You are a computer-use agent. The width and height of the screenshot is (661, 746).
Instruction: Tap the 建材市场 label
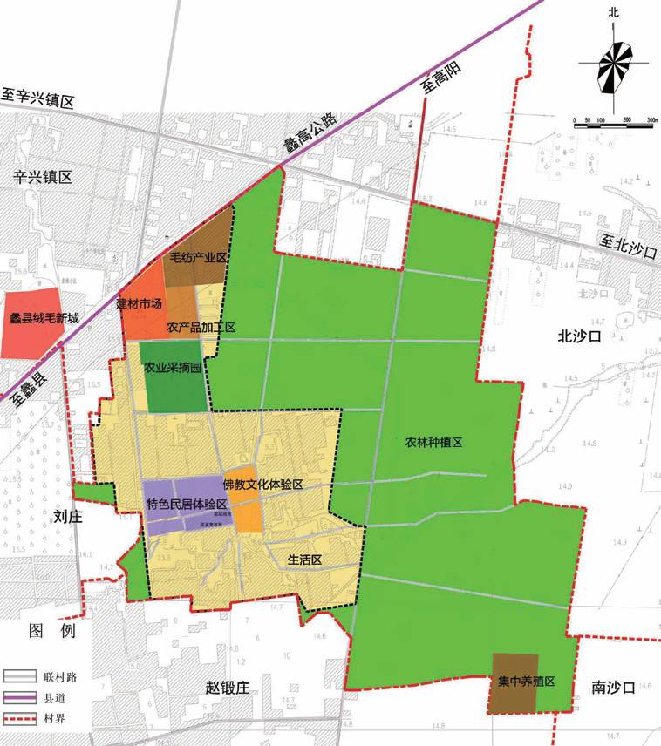coord(140,304)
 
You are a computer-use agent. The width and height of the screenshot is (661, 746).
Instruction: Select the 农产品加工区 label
coord(201,329)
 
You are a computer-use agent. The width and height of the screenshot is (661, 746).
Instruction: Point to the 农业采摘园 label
coord(174,369)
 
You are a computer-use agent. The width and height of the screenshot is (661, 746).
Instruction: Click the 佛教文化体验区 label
coord(262,484)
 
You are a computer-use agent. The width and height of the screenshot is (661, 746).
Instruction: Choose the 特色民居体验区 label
coord(187,505)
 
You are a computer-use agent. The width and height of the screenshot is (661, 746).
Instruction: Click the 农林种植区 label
coord(433,443)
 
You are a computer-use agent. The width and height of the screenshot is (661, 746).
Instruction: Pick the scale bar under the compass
coord(615,122)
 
